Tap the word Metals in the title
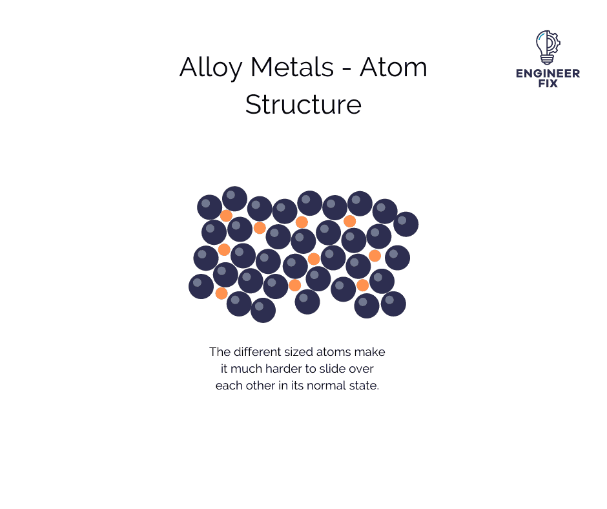(x=293, y=67)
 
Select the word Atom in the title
(x=393, y=67)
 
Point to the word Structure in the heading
(x=303, y=104)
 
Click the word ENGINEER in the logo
(x=548, y=73)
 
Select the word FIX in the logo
(x=548, y=83)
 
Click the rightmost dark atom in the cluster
(x=406, y=224)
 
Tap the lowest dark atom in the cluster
(x=263, y=310)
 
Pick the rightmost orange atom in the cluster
(x=375, y=256)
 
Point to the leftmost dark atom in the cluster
(x=201, y=287)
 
